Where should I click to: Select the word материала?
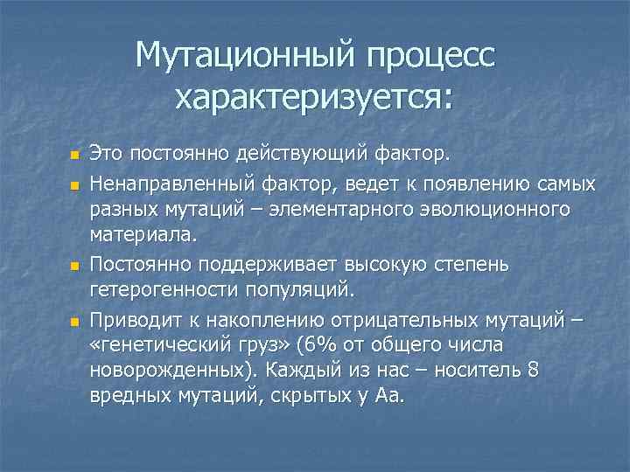pos(143,235)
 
